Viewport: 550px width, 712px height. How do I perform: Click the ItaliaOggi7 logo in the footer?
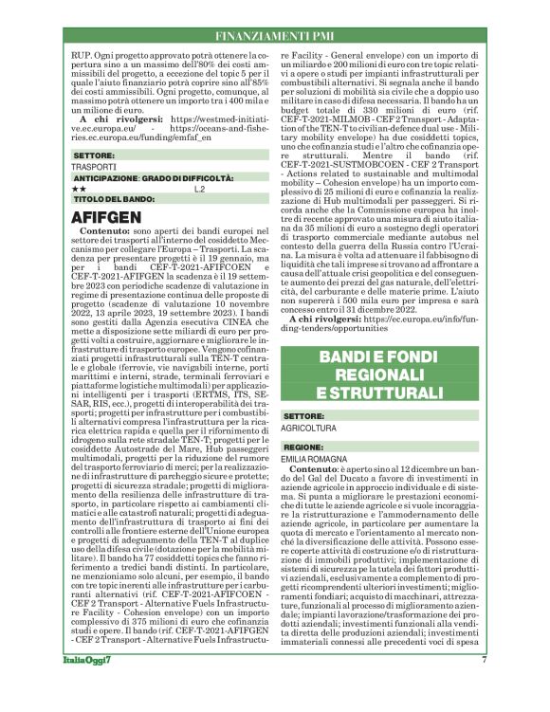[x=92, y=686]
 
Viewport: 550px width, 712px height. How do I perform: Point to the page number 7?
[x=483, y=686]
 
